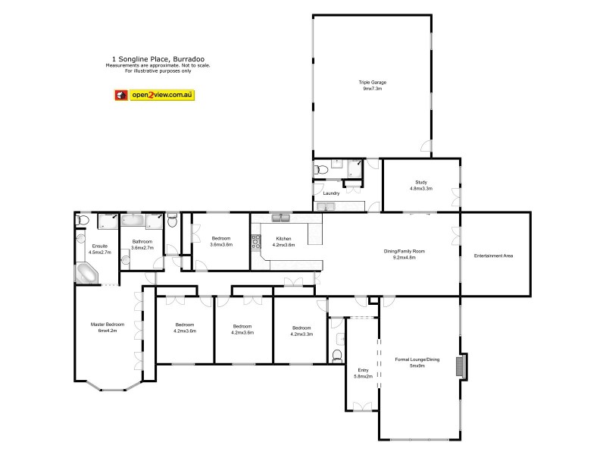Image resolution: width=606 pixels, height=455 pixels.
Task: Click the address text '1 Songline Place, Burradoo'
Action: (x=158, y=58)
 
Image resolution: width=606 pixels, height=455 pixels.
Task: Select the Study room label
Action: (x=420, y=181)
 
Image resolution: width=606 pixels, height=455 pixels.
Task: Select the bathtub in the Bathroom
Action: (x=134, y=220)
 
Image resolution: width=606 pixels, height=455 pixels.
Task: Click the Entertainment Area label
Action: (x=494, y=256)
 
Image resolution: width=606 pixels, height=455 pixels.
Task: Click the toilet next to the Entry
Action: (x=338, y=355)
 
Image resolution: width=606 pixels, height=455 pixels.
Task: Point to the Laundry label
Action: (x=331, y=193)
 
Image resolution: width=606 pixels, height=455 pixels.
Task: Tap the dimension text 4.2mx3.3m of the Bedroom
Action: (x=301, y=334)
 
